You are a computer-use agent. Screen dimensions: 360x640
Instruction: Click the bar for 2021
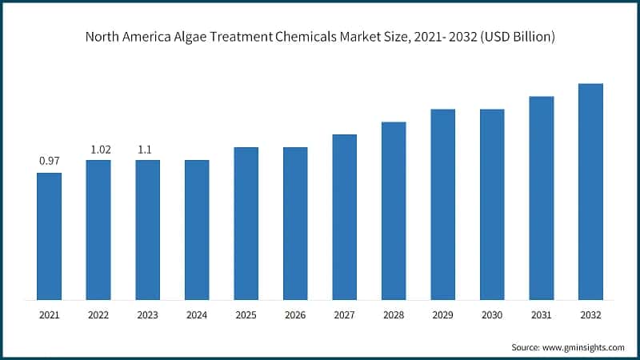click(x=50, y=237)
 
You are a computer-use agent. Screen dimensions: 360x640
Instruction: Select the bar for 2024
click(x=197, y=230)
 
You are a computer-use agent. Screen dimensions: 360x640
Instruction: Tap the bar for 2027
click(x=344, y=218)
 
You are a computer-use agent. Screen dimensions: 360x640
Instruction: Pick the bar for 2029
click(x=442, y=205)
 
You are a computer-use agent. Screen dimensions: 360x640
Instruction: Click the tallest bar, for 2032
click(x=590, y=192)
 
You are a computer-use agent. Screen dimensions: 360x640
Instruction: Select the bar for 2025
click(x=246, y=224)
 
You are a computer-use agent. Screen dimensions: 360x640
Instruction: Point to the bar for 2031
click(x=541, y=198)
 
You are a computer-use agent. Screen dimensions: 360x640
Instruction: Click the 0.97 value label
click(x=50, y=162)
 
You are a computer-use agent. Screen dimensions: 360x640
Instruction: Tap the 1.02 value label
click(x=98, y=149)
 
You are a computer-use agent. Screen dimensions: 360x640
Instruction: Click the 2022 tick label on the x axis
click(x=98, y=316)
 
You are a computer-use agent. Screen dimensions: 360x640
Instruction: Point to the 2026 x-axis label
click(x=295, y=316)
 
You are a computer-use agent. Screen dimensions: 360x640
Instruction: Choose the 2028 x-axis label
click(x=394, y=316)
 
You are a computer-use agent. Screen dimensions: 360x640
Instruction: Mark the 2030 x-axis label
click(x=492, y=316)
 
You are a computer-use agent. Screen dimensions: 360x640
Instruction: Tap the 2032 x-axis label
click(x=590, y=316)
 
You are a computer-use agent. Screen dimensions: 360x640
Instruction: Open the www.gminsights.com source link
click(x=583, y=347)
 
